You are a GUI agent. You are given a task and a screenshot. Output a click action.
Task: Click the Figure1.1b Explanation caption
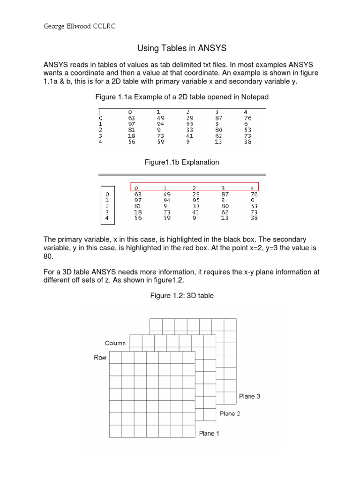(181, 162)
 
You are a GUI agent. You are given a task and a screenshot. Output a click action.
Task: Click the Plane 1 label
(209, 434)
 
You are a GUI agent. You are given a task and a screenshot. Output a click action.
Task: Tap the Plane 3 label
(249, 396)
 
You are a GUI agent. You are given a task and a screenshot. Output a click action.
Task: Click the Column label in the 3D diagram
(115, 343)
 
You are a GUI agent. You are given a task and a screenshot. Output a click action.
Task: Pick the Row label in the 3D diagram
(100, 357)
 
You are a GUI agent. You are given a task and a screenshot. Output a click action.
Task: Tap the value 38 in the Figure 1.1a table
(247, 142)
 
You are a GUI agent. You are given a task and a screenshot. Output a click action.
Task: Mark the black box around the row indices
(107, 206)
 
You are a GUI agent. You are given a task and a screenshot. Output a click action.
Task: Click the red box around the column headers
(195, 187)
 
